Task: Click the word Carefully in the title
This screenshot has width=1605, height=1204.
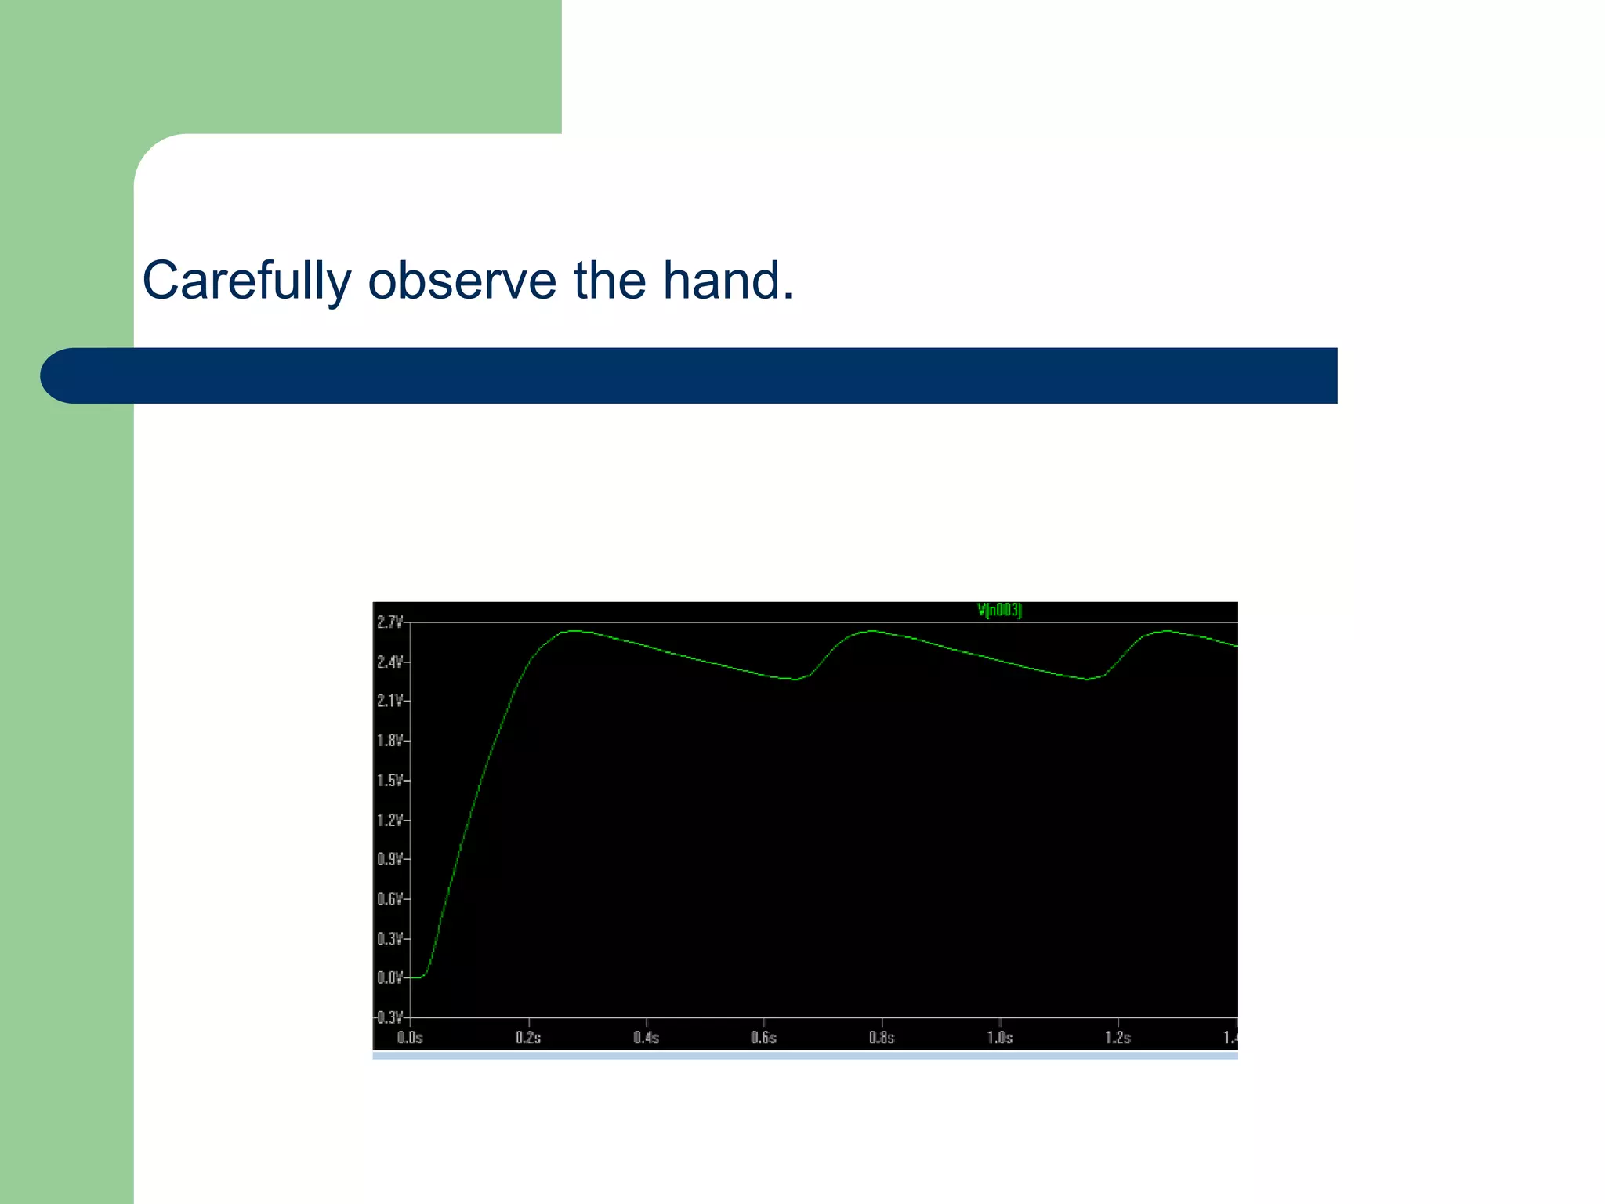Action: pyautogui.click(x=246, y=281)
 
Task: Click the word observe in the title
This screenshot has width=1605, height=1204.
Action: pyautogui.click(x=462, y=281)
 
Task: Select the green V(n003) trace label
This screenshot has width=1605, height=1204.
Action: pyautogui.click(x=999, y=610)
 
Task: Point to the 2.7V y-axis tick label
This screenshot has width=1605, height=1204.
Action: pyautogui.click(x=389, y=622)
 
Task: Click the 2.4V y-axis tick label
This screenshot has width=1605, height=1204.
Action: pyautogui.click(x=389, y=662)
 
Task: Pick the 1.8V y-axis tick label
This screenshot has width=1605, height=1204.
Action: pyautogui.click(x=389, y=741)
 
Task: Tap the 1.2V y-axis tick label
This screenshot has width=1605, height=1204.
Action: pyautogui.click(x=389, y=821)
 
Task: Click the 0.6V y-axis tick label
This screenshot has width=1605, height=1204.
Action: pyautogui.click(x=389, y=899)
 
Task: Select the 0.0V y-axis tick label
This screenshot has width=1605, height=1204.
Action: pyautogui.click(x=389, y=978)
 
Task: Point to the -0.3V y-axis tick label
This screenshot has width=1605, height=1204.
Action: pyautogui.click(x=389, y=1017)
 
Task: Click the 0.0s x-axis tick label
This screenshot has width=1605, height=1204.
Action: pyautogui.click(x=410, y=1038)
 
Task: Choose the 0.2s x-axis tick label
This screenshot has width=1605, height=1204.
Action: pyautogui.click(x=528, y=1038)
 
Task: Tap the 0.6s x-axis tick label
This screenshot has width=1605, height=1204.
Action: pyautogui.click(x=763, y=1038)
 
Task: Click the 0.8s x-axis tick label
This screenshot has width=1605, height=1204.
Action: pyautogui.click(x=882, y=1038)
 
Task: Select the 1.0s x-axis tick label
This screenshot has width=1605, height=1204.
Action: pyautogui.click(x=999, y=1038)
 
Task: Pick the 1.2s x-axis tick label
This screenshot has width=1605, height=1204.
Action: pyautogui.click(x=1118, y=1038)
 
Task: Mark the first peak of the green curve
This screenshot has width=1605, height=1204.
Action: pyautogui.click(x=574, y=630)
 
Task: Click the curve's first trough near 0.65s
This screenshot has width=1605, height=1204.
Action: pyautogui.click(x=795, y=680)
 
